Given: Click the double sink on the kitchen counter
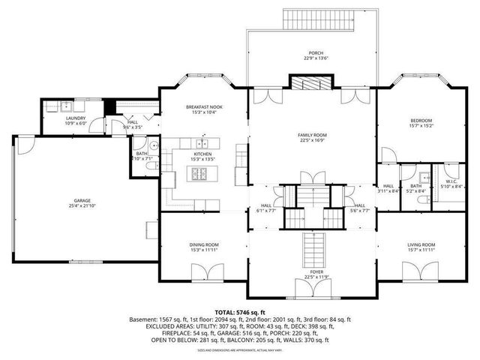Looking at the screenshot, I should point(202,143).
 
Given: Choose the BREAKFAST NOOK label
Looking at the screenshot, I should point(204,107).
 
